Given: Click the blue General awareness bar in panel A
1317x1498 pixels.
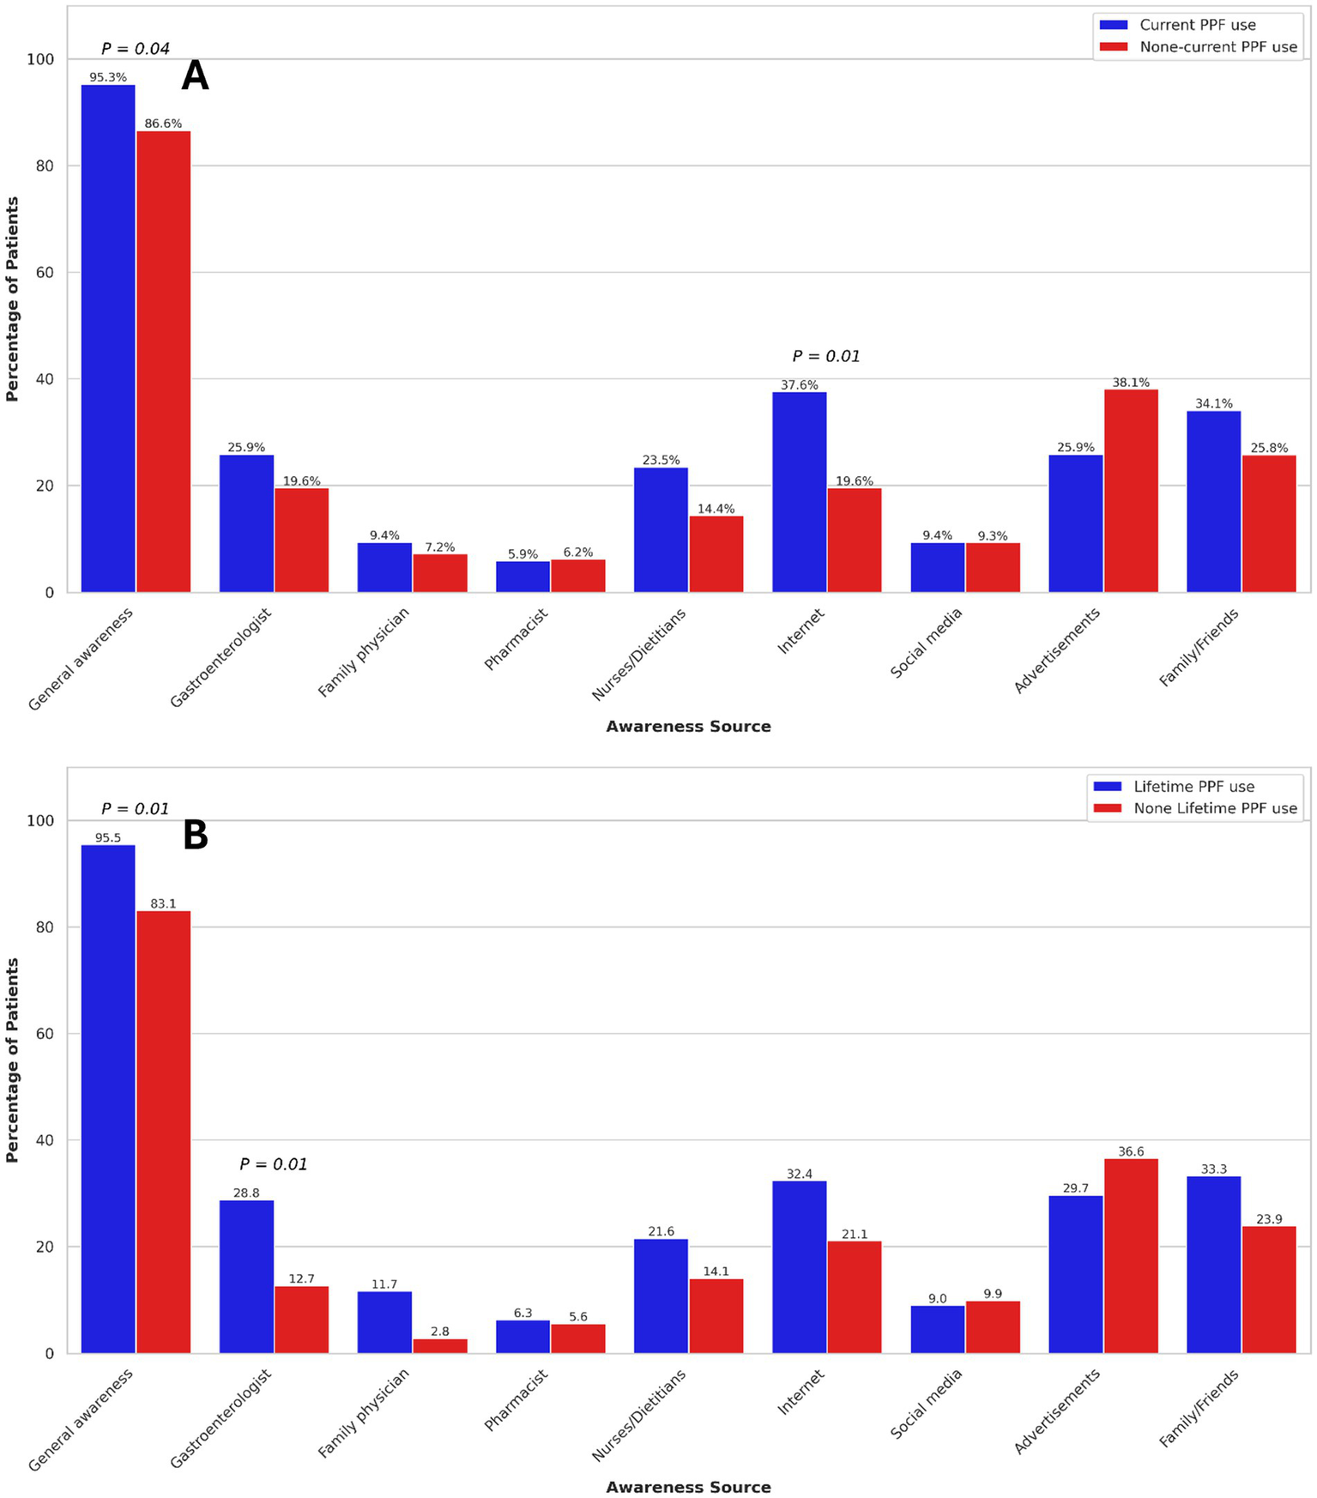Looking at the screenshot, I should pos(108,339).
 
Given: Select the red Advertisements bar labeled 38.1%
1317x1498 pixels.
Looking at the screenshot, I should pos(1131,491).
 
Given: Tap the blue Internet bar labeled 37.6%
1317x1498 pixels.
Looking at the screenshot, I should pos(799,492).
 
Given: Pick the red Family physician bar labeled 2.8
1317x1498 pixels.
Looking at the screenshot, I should pos(440,1345).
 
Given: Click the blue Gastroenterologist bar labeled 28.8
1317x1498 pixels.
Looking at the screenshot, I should pos(246,1277).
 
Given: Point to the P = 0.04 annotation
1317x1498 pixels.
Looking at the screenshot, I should pos(136,49).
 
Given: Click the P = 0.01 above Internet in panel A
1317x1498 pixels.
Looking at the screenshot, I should pos(825,356).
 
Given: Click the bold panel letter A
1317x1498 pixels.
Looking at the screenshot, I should pos(195,76).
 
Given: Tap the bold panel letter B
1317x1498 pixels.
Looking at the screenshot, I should pos(196,836).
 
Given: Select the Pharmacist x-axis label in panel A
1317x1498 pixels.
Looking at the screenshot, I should pos(517,639).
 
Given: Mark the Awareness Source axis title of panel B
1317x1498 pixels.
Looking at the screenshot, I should pos(688,1487).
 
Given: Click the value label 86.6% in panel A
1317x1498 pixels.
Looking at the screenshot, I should pos(163,124).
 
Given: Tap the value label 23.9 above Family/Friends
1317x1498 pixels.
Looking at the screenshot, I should pos(1269,1219).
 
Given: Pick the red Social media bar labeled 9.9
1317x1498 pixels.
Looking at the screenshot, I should pos(993,1327).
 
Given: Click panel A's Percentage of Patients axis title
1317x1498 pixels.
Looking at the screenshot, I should pos(12,299).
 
